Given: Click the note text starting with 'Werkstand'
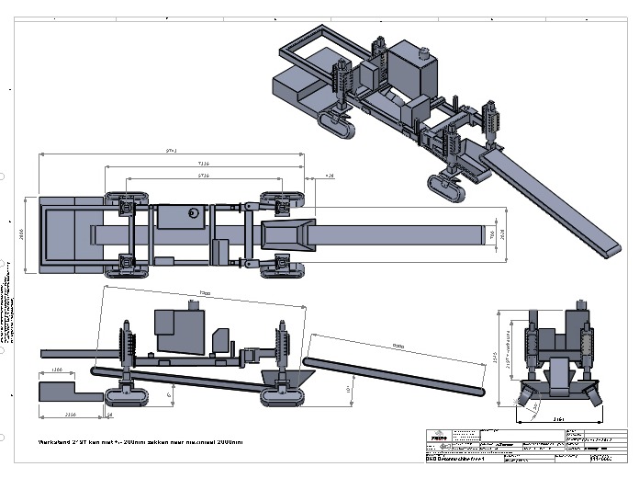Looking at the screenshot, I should coord(140,441).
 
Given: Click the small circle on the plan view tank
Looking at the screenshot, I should coord(194,212).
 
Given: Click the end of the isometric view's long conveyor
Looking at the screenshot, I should coord(612,249).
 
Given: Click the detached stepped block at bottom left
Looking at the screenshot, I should coord(70,390).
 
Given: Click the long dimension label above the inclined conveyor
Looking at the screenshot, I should coord(398,346).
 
